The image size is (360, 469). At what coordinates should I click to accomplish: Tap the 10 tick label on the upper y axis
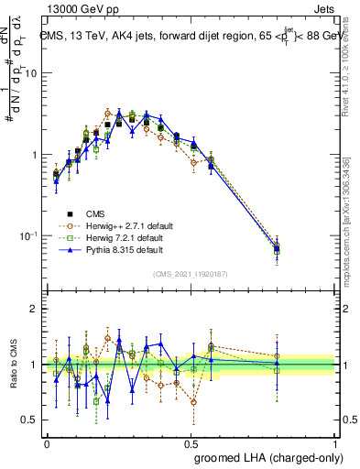(x=29, y=74)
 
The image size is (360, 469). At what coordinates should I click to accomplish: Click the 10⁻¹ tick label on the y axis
(x=27, y=236)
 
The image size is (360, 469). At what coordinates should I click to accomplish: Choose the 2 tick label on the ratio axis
(x=34, y=309)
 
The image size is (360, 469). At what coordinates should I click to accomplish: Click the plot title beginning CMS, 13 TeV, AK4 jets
(x=188, y=37)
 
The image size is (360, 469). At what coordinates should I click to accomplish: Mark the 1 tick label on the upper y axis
(x=33, y=155)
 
